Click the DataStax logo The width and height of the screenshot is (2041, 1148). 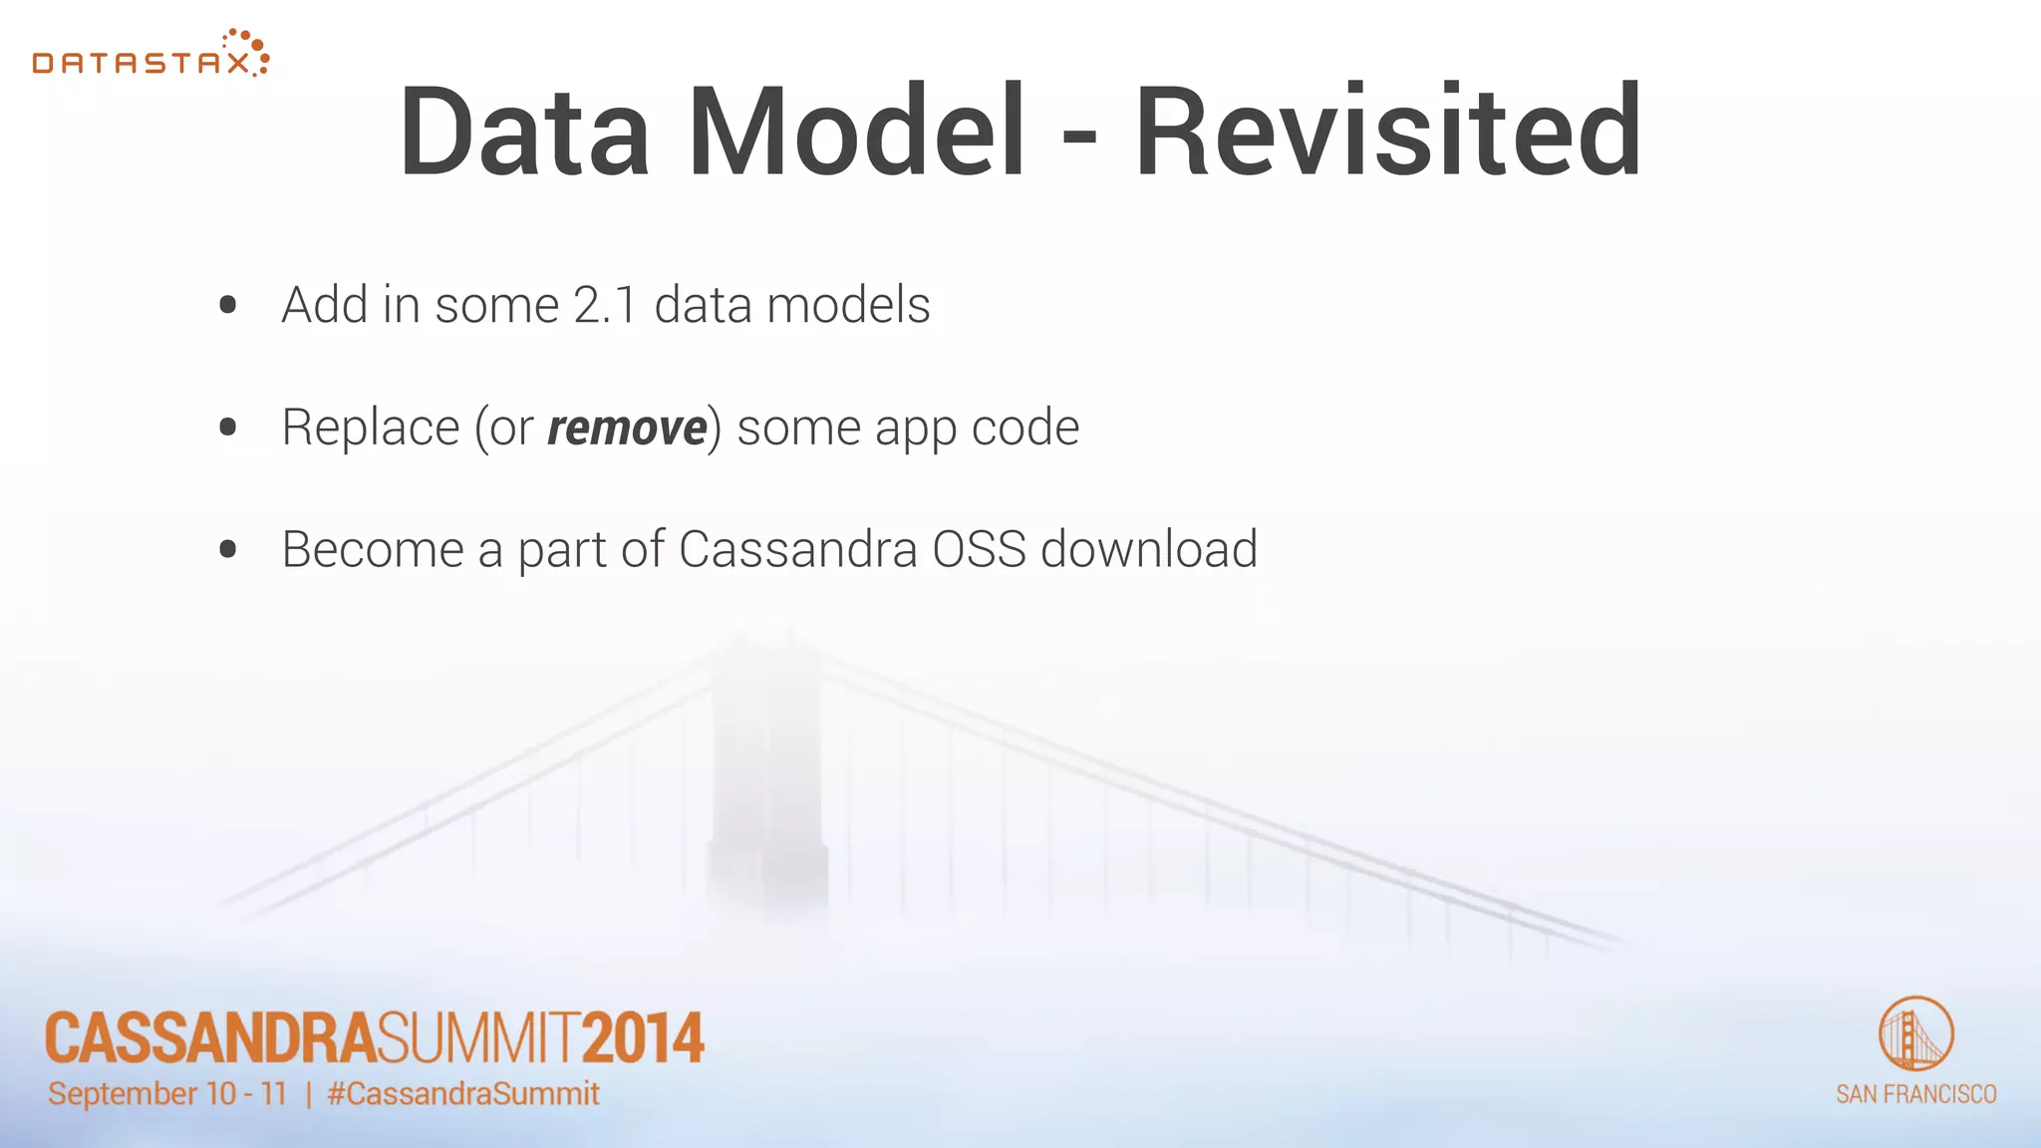pos(149,56)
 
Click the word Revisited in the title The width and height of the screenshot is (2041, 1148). pos(1387,132)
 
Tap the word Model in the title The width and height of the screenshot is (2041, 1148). pos(857,132)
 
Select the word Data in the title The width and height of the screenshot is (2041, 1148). pos(525,132)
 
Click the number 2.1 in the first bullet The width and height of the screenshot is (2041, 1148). pos(605,305)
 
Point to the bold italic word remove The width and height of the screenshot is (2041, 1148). pos(627,429)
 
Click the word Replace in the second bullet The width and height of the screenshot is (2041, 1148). pos(370,429)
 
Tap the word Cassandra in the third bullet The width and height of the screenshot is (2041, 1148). pos(797,549)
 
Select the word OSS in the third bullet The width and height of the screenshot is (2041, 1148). pos(979,549)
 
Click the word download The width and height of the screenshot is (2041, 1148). pos(1149,549)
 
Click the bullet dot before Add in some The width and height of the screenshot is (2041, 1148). pos(227,305)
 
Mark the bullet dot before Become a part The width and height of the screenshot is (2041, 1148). pos(227,549)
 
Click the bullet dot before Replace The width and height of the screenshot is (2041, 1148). pos(227,428)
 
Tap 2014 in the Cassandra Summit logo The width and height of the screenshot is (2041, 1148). pos(643,1038)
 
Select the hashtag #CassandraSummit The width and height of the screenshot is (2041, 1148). pos(463,1093)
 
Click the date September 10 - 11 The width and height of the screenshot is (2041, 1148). pos(167,1093)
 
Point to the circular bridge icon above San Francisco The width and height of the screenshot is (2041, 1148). pos(1915,1033)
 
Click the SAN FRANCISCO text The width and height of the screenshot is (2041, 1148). pos(1915,1094)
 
